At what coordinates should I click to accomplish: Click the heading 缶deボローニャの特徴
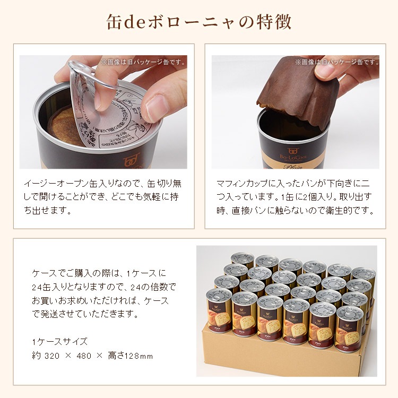click(x=199, y=23)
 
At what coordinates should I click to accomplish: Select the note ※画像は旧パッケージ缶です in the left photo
click(x=144, y=62)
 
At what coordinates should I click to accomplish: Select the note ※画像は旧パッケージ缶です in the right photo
click(x=337, y=62)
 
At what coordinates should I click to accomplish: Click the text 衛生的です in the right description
click(x=356, y=210)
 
